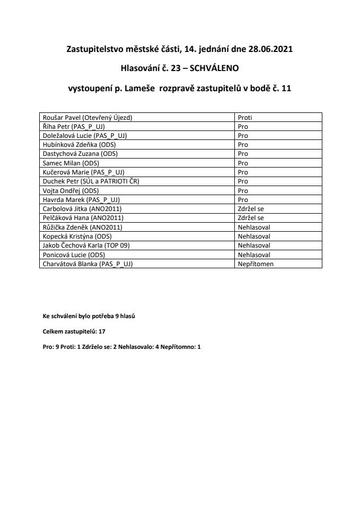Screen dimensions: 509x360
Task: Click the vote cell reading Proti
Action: (244, 117)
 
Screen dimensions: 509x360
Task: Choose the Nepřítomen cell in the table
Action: (256, 264)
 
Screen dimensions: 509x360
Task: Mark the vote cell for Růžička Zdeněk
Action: (254, 227)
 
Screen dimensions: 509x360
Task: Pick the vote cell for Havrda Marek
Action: (243, 199)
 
